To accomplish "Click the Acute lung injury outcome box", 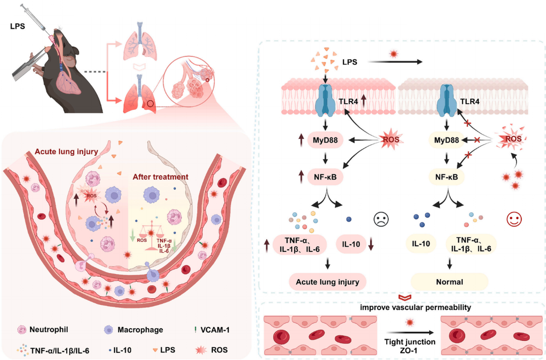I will [327, 281].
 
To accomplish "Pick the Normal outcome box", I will [449, 281].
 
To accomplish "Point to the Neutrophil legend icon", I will [23, 330].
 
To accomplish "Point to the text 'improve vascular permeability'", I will [401, 307].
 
